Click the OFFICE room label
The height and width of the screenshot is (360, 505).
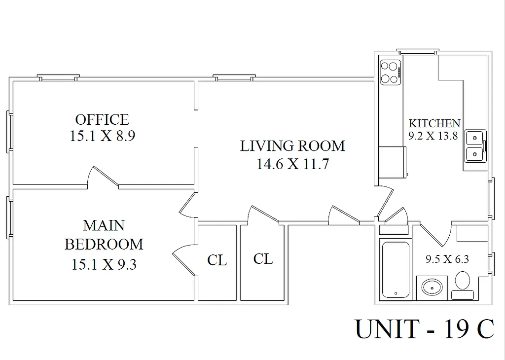[102, 119]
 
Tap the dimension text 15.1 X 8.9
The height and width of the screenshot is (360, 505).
[102, 136]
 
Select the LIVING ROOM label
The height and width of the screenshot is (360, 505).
[292, 146]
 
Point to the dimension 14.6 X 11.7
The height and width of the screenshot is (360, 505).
[292, 164]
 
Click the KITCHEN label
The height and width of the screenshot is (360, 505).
[434, 123]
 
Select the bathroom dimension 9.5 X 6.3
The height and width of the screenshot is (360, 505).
[447, 259]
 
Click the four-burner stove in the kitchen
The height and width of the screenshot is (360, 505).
[390, 72]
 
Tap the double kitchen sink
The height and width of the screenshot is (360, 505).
[475, 146]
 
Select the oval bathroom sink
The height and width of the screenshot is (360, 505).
[433, 287]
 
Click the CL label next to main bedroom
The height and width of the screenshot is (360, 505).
[217, 260]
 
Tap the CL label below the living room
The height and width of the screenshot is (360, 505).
[263, 258]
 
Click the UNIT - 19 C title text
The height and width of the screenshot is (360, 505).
[424, 329]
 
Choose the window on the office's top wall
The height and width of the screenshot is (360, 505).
[59, 77]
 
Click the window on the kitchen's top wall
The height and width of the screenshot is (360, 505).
[417, 51]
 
